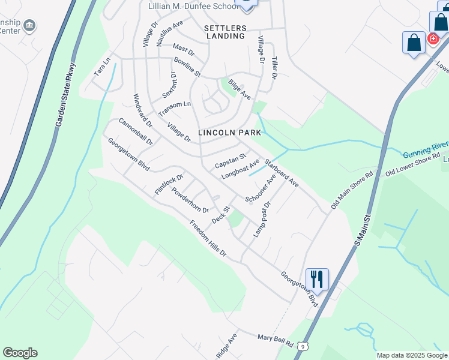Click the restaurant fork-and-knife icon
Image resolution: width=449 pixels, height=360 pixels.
click(x=316, y=279)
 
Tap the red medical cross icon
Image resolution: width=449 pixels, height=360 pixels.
click(x=433, y=38)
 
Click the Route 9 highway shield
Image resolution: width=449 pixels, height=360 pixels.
click(x=305, y=346)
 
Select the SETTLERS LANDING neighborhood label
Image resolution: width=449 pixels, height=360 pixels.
click(x=224, y=32)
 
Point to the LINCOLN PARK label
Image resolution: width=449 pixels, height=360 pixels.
click(x=229, y=133)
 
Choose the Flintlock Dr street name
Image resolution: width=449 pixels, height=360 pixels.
click(x=169, y=183)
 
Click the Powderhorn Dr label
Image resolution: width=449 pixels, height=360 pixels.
click(x=190, y=200)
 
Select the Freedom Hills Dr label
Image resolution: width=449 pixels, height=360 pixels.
click(x=208, y=239)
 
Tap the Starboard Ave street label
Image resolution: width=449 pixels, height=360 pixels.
click(x=282, y=172)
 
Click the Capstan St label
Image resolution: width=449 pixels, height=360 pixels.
click(x=231, y=161)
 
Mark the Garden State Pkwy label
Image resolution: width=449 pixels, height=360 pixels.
click(x=66, y=94)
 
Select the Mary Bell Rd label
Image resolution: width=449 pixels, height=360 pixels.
click(x=274, y=340)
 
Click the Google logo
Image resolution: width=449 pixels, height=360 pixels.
click(x=20, y=353)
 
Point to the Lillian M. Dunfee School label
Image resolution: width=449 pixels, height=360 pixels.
click(x=193, y=7)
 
